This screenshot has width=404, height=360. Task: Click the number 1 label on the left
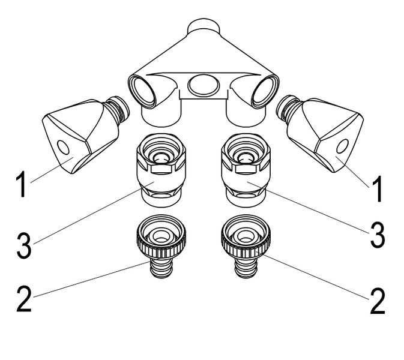pyautogui.click(x=21, y=184)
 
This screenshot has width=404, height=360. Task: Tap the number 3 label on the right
pyautogui.click(x=378, y=235)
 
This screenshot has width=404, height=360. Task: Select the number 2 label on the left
pyautogui.click(x=24, y=299)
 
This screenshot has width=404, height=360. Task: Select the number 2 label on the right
pyautogui.click(x=378, y=301)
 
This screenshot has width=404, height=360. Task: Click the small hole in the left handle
pyautogui.click(x=63, y=147)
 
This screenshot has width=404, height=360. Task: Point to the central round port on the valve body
pyautogui.click(x=204, y=85)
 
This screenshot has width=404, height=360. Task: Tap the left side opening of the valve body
pyautogui.click(x=142, y=91)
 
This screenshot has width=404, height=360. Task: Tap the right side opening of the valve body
pyautogui.click(x=265, y=92)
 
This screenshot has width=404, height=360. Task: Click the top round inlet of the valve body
pyautogui.click(x=204, y=25)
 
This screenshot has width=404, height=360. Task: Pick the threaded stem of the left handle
pyautogui.click(x=118, y=109)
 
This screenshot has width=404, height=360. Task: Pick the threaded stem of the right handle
pyautogui.click(x=288, y=108)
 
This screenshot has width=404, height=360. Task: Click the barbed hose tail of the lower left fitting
pyautogui.click(x=161, y=268)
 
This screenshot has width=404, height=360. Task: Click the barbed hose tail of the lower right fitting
pyautogui.click(x=246, y=268)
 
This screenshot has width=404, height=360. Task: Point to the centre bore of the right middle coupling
pyautogui.click(x=246, y=157)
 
